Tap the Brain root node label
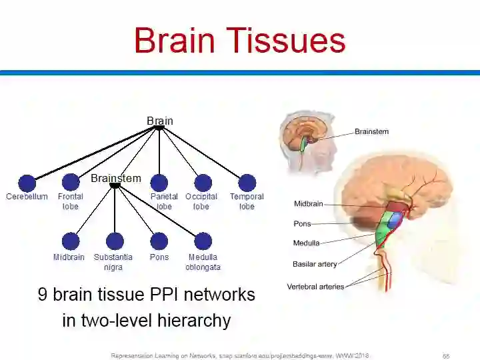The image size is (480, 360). (x=160, y=121)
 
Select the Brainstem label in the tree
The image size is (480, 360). (x=116, y=178)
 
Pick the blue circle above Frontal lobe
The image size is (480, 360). (x=71, y=183)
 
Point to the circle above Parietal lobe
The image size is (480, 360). (x=159, y=183)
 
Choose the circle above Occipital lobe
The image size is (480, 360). (x=203, y=183)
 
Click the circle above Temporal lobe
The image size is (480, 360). (x=247, y=183)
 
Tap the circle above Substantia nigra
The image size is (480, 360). (x=115, y=241)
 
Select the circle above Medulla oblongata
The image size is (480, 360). (x=203, y=241)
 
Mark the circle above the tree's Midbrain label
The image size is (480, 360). (x=71, y=241)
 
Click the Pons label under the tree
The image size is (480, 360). (x=159, y=257)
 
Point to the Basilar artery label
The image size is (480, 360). (x=315, y=265)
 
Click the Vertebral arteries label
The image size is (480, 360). (x=315, y=287)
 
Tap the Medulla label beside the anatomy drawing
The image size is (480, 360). (x=306, y=243)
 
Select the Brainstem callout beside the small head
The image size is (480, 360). (x=371, y=131)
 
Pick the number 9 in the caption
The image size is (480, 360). (x=43, y=295)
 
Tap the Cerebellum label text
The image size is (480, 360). (x=27, y=197)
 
